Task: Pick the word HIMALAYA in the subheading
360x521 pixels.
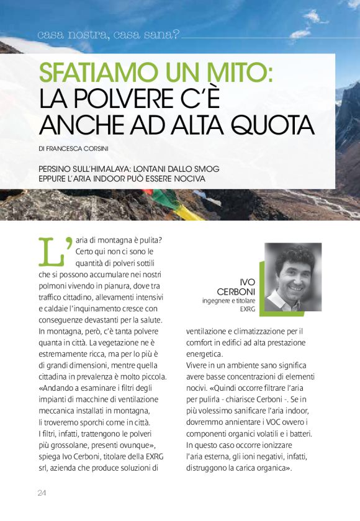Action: point(107,169)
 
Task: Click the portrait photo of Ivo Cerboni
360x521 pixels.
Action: point(293,277)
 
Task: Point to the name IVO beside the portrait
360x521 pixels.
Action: point(247,282)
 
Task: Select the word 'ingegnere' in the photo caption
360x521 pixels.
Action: point(217,301)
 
